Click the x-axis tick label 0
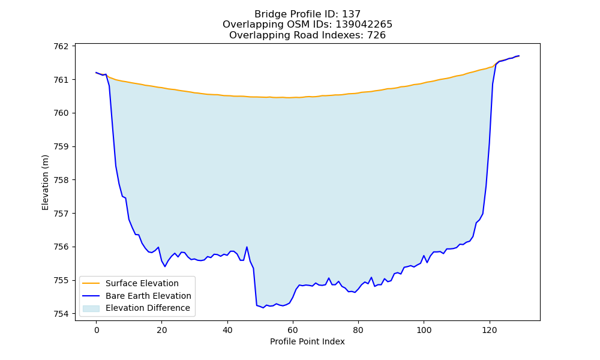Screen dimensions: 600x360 tap(97, 330)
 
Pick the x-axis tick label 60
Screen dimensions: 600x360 tap(293, 330)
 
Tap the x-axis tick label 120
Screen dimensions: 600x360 tap(490, 330)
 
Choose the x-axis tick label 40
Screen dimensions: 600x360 tap(227, 330)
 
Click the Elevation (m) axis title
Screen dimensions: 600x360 tap(46, 182)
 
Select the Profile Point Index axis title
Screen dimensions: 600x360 tap(307, 341)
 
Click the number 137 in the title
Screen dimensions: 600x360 tap(351, 14)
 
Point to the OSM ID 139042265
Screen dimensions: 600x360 tap(364, 25)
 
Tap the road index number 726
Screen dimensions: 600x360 tap(377, 35)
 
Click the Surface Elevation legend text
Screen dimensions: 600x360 tap(142, 283)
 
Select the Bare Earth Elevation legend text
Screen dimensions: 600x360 tap(148, 296)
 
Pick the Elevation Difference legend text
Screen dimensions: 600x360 tap(148, 308)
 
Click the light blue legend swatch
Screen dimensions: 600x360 tap(91, 308)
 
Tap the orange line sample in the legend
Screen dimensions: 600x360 tap(91, 283)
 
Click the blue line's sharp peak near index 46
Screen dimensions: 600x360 tap(247, 247)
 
